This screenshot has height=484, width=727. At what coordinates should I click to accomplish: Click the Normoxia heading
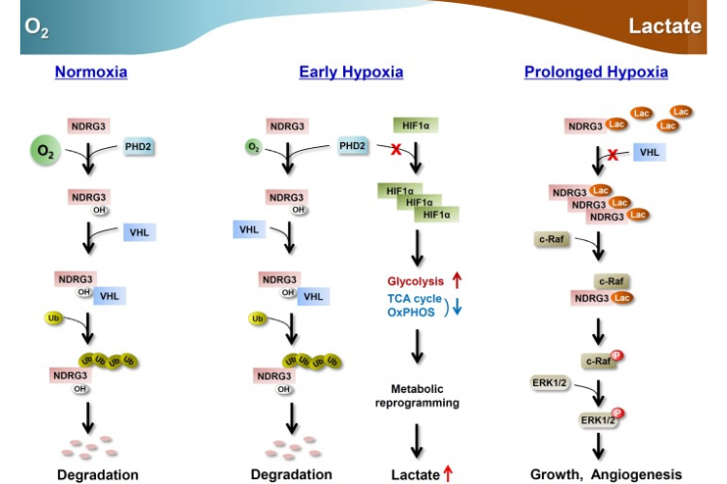[91, 72]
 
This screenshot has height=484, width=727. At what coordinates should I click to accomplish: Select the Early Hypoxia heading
[351, 72]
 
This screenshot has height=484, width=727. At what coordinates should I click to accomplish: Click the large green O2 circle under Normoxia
[46, 152]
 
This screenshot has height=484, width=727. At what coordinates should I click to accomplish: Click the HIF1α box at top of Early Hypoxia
[409, 125]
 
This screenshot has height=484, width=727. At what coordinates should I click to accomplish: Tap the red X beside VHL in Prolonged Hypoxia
[612, 154]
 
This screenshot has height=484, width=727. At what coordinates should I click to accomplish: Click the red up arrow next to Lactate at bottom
[448, 473]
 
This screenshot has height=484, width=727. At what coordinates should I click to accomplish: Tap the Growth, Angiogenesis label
[606, 474]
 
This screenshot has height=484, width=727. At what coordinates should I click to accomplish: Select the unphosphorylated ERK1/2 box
[549, 384]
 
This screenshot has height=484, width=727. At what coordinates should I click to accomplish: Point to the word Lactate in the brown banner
[664, 26]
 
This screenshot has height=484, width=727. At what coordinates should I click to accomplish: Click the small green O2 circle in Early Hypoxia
[253, 146]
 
